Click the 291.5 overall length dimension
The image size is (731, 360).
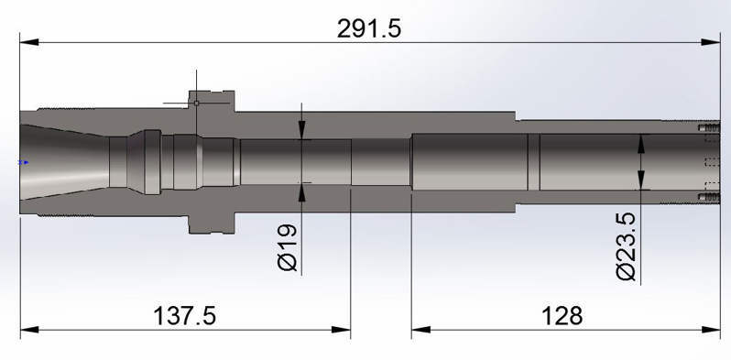tap(369, 29)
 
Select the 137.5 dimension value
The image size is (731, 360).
tap(185, 316)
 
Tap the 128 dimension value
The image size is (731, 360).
tap(562, 316)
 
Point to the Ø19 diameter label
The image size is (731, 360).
tap(288, 247)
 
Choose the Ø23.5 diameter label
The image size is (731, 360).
tap(626, 246)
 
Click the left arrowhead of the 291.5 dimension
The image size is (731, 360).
tap(29, 42)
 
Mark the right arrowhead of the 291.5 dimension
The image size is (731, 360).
tap(711, 42)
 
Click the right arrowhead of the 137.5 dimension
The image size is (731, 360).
tap(341, 330)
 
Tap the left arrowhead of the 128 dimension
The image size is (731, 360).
tap(421, 330)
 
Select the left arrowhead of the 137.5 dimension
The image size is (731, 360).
tap(30, 330)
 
